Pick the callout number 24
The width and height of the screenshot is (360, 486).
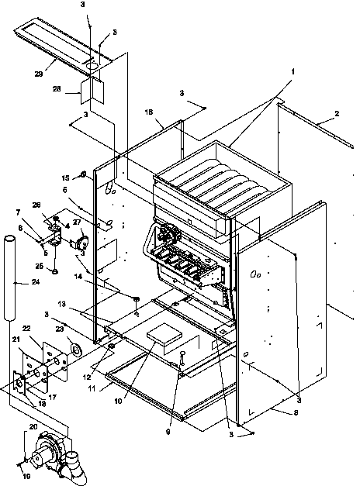coord(36,282)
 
